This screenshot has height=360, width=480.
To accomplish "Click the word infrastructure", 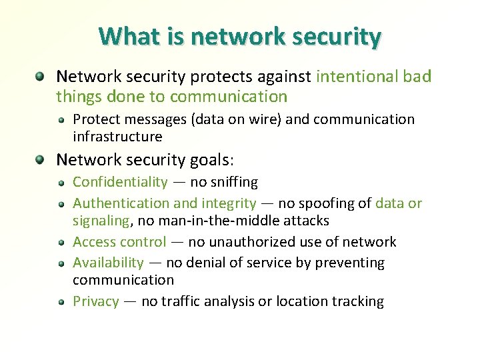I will pyautogui.click(x=117, y=137).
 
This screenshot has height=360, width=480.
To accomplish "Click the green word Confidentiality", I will pyautogui.click(x=120, y=182).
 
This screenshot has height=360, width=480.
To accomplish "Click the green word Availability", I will pyautogui.click(x=108, y=263).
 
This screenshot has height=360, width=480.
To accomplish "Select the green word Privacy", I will pyautogui.click(x=95, y=301).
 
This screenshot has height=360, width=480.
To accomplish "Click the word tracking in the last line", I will pyautogui.click(x=359, y=301).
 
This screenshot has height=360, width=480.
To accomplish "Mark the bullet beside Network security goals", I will pyautogui.click(x=41, y=160).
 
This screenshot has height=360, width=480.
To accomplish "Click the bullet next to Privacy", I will pyautogui.click(x=60, y=302).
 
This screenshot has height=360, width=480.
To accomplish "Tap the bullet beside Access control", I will pyautogui.click(x=60, y=242).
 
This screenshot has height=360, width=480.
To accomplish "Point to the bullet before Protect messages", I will pyautogui.click(x=60, y=120).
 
